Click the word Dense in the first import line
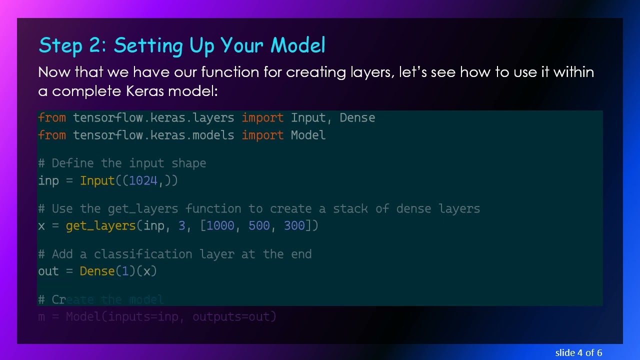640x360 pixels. point(357,118)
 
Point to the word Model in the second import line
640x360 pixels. point(308,135)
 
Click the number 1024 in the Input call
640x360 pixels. point(143,181)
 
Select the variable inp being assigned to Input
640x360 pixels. point(48,181)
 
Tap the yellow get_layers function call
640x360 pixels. point(100,226)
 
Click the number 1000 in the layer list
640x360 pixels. point(220,226)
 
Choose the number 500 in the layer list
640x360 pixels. point(259,226)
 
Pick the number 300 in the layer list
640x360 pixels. point(294,226)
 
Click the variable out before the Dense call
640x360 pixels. point(48,271)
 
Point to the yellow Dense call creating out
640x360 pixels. point(97,271)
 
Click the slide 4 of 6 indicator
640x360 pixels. point(578,353)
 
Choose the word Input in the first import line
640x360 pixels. point(308,118)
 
